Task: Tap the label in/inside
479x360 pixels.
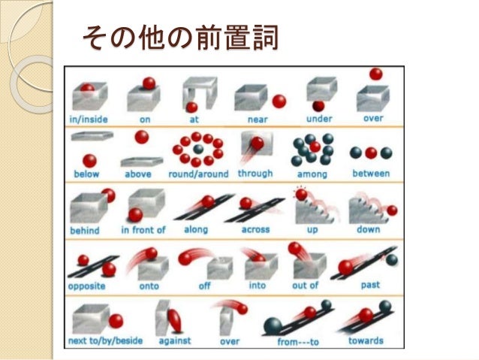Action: pyautogui.click(x=89, y=119)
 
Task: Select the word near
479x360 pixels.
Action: pyautogui.click(x=258, y=119)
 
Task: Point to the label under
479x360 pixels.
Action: pyautogui.click(x=320, y=119)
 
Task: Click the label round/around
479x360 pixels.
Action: pyautogui.click(x=198, y=174)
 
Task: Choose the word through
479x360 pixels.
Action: pyautogui.click(x=255, y=174)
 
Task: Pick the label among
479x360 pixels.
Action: pyautogui.click(x=311, y=174)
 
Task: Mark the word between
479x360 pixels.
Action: pyautogui.click(x=371, y=174)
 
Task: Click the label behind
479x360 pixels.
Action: pyautogui.click(x=85, y=230)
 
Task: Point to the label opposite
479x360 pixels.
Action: pyautogui.click(x=87, y=286)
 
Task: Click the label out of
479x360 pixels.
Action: pyautogui.click(x=305, y=286)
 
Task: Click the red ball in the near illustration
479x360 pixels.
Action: pyautogui.click(x=279, y=101)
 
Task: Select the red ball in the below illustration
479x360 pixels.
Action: pyautogui.click(x=90, y=160)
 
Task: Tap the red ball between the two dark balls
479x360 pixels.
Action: pyautogui.click(x=371, y=153)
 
